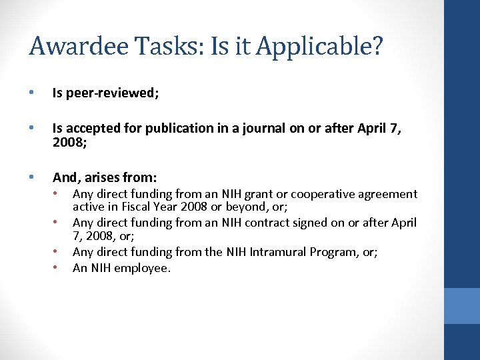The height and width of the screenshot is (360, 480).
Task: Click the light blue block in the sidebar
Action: [x=462, y=305]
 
